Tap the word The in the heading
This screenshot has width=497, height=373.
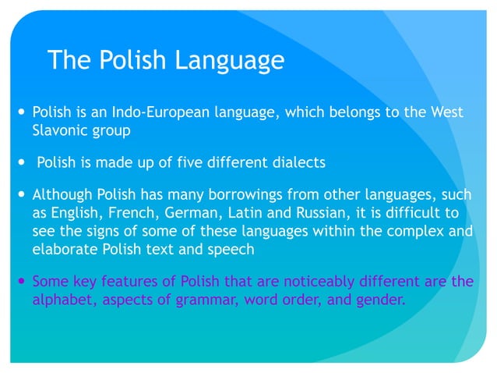coord(67,60)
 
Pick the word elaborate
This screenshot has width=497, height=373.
coord(63,249)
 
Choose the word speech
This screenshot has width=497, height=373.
coord(234,249)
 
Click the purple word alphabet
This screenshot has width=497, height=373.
coord(62,299)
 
